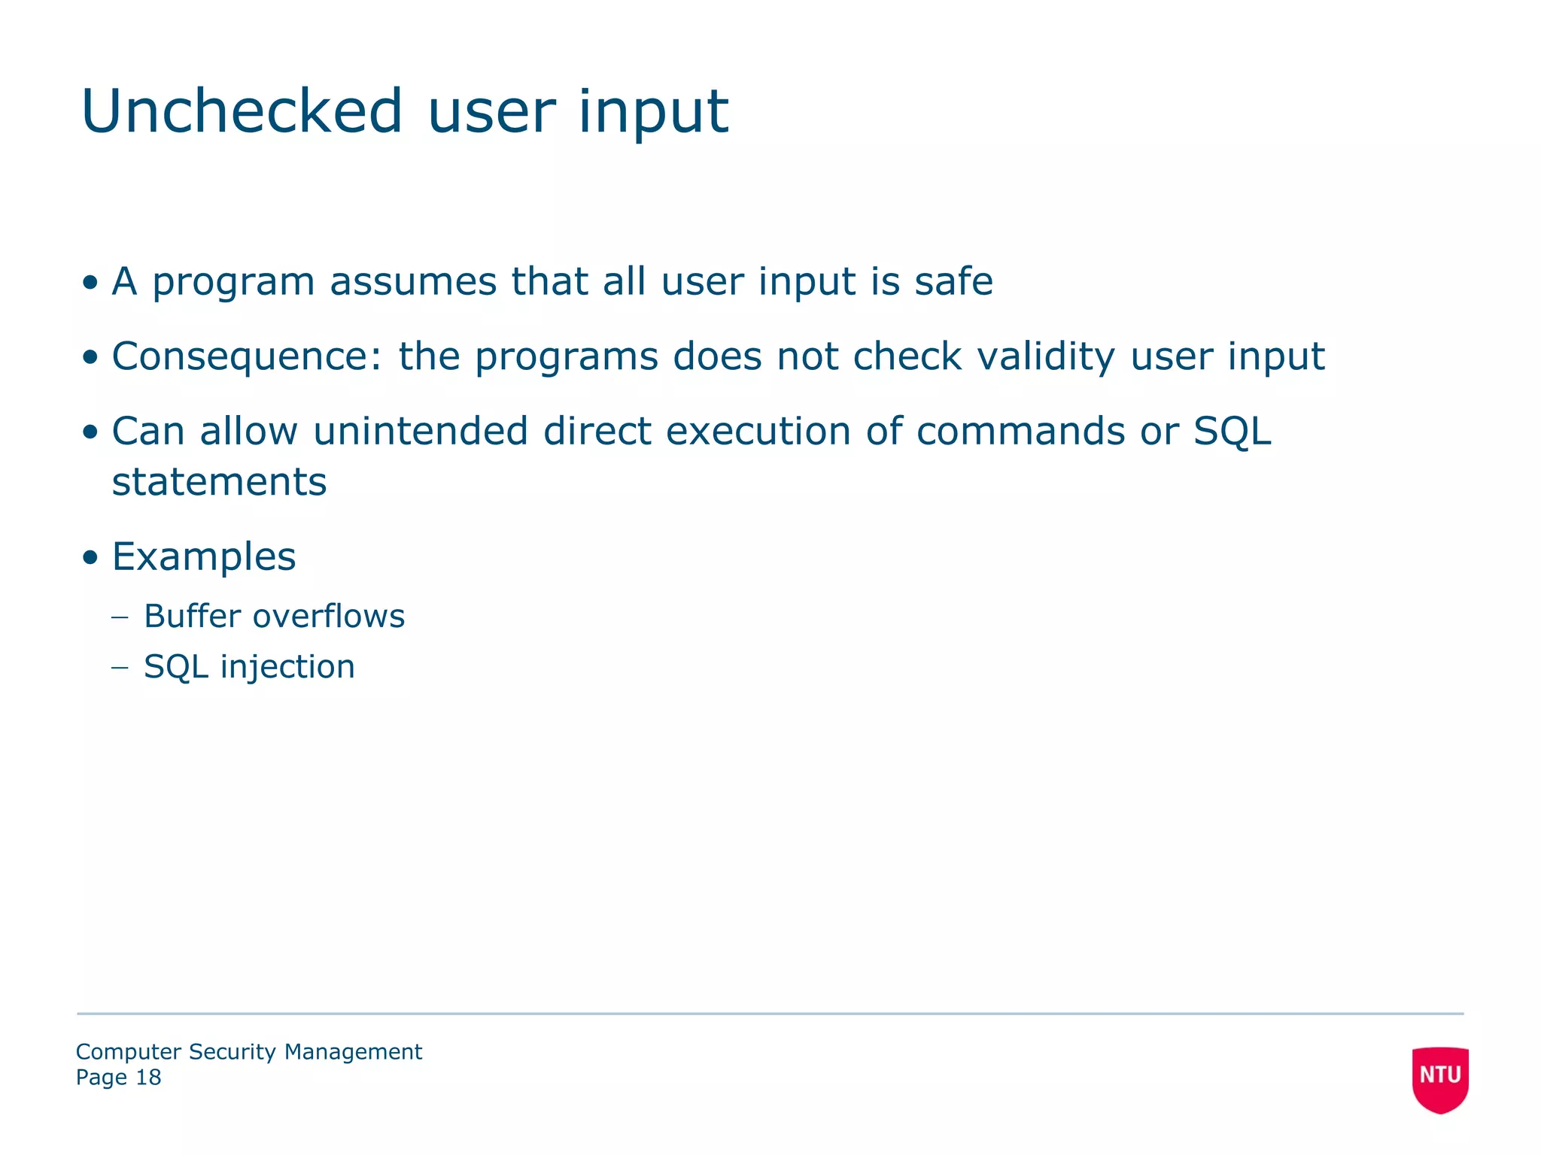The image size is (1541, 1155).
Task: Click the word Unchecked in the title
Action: click(x=242, y=111)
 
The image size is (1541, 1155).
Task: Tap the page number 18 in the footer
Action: click(x=148, y=1078)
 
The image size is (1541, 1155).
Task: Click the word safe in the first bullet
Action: click(x=953, y=281)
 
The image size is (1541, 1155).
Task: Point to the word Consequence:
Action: click(x=248, y=356)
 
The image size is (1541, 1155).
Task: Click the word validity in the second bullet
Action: click(x=1046, y=356)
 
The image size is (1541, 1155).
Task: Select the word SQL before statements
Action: click(x=1232, y=432)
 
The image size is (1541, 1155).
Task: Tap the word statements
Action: click(x=219, y=482)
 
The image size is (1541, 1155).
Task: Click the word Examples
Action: click(x=204, y=557)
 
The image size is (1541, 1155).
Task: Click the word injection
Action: click(x=287, y=667)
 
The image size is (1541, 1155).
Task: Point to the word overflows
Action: click(x=329, y=616)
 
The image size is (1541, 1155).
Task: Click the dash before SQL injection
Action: click(x=120, y=668)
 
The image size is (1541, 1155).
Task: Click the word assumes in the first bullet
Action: click(x=413, y=281)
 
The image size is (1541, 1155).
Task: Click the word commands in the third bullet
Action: click(x=1020, y=432)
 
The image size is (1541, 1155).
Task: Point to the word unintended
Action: click(x=421, y=432)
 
